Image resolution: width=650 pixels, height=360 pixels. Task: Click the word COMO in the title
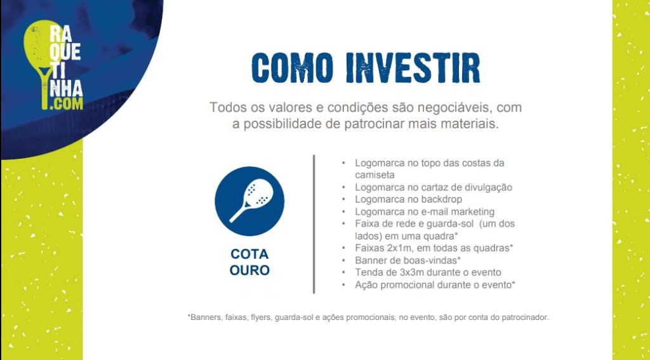(x=292, y=67)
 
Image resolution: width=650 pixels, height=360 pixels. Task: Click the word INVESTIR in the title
(x=413, y=67)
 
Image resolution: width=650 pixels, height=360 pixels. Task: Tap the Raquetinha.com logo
(x=53, y=65)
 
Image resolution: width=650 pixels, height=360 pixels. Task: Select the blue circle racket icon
(x=249, y=201)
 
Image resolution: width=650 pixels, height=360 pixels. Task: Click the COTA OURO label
(x=249, y=262)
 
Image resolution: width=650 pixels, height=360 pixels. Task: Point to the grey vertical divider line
(x=314, y=224)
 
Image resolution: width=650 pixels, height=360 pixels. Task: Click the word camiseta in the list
(x=375, y=175)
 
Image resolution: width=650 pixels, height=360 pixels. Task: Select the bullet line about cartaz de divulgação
(x=434, y=187)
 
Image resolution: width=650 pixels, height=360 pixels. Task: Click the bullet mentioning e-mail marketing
(x=425, y=212)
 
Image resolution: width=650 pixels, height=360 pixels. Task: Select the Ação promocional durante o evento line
(x=435, y=285)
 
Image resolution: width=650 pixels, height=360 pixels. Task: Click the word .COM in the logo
(x=66, y=103)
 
